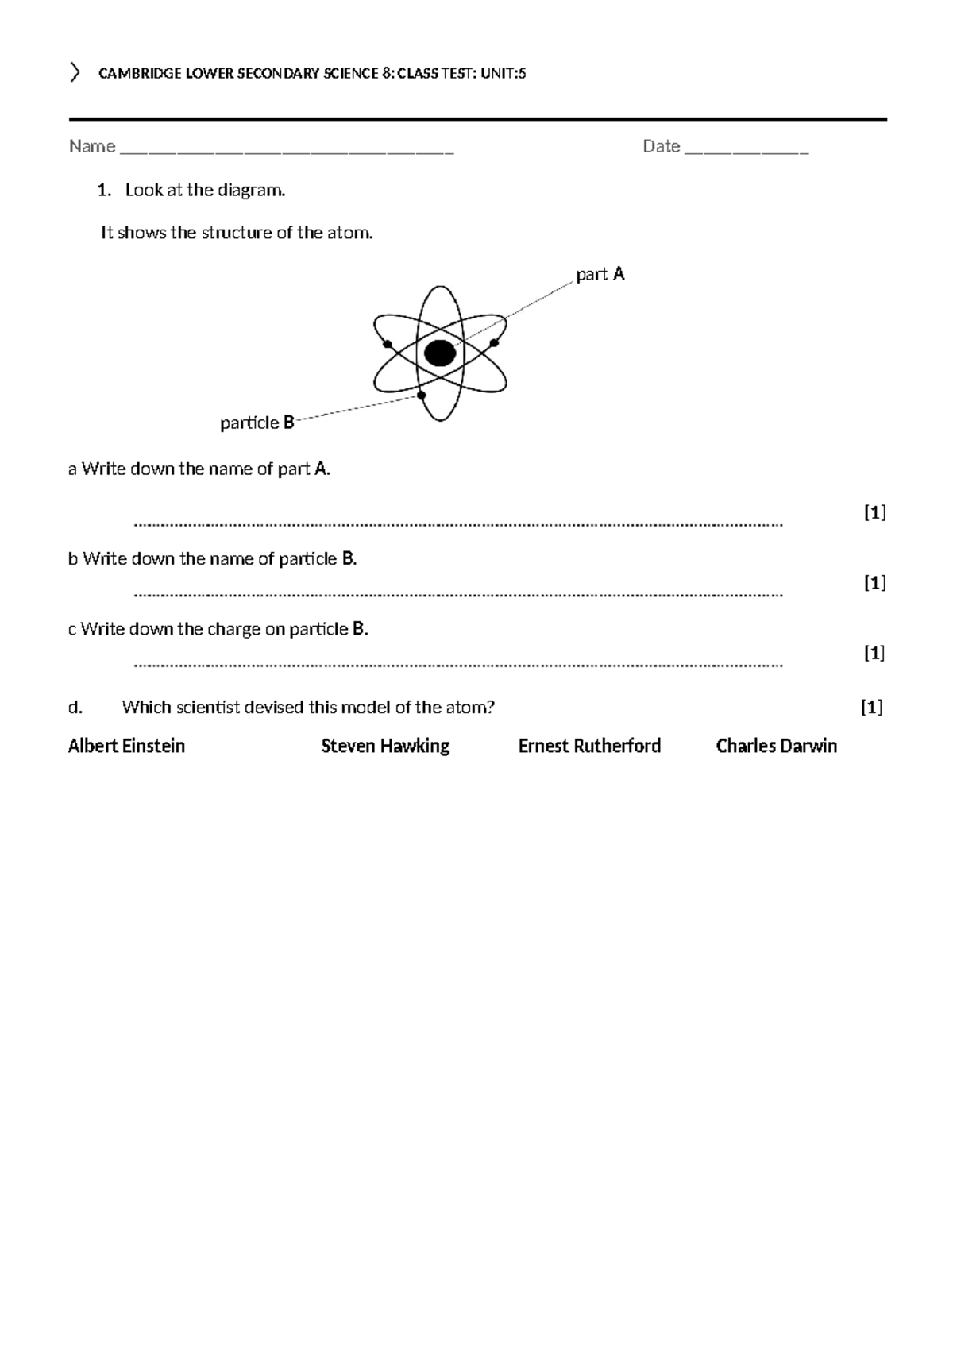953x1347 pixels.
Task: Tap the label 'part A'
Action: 600,275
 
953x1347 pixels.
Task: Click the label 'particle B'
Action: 257,423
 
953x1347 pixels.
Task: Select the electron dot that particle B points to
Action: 422,395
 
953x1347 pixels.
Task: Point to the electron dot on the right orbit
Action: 494,342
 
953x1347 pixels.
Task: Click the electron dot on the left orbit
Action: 388,344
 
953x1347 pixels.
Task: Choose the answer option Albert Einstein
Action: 126,746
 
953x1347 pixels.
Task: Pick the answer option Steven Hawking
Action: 385,746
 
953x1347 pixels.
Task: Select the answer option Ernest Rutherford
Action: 589,746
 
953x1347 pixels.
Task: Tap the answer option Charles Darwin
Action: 776,746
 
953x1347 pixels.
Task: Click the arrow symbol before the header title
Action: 75,73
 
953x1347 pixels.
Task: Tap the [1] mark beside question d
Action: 871,707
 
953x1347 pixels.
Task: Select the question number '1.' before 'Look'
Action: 102,191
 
